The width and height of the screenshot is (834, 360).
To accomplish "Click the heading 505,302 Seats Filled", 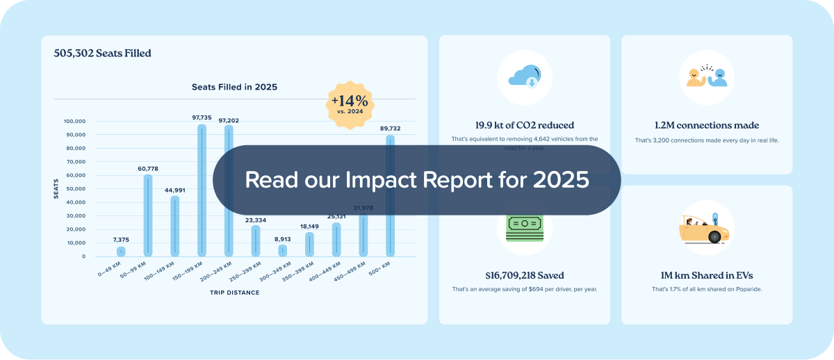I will (x=102, y=53).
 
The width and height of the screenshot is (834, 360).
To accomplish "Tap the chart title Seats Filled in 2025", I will (x=234, y=88).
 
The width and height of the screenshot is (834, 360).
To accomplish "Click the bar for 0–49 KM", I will (x=121, y=252).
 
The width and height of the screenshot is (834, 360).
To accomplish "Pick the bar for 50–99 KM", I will (x=148, y=215).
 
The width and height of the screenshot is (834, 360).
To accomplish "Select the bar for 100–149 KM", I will (x=174, y=226).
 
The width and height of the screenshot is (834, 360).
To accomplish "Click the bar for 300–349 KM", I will (x=282, y=250).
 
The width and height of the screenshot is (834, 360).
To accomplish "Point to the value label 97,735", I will (x=202, y=118).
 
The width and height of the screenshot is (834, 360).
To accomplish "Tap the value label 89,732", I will (x=390, y=129).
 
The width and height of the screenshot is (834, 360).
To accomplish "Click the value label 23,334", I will (x=256, y=220).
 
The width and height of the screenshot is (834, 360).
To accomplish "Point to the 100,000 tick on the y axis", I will (x=74, y=121).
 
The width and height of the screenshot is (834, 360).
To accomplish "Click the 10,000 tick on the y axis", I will (x=76, y=243).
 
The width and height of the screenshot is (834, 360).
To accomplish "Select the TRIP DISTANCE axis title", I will (x=234, y=293).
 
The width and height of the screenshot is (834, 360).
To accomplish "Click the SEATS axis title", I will (x=56, y=188).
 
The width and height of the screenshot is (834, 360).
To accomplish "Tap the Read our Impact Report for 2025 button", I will (x=416, y=180).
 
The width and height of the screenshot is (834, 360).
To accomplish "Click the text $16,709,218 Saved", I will (x=525, y=275).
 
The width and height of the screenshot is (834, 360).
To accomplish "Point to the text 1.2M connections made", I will (x=707, y=126).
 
